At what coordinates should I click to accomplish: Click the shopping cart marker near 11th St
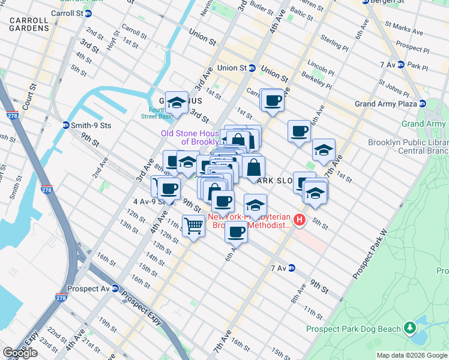pos(193,226)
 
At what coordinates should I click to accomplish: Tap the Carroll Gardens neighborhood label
pos(29,24)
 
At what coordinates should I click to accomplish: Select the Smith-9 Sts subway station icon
pos(66,125)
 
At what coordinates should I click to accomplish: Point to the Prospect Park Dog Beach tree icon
pos(410,328)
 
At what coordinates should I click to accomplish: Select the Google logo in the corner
pos(20,353)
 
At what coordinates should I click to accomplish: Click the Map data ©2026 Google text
pos(412,355)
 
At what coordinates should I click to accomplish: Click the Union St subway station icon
pos(253,68)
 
